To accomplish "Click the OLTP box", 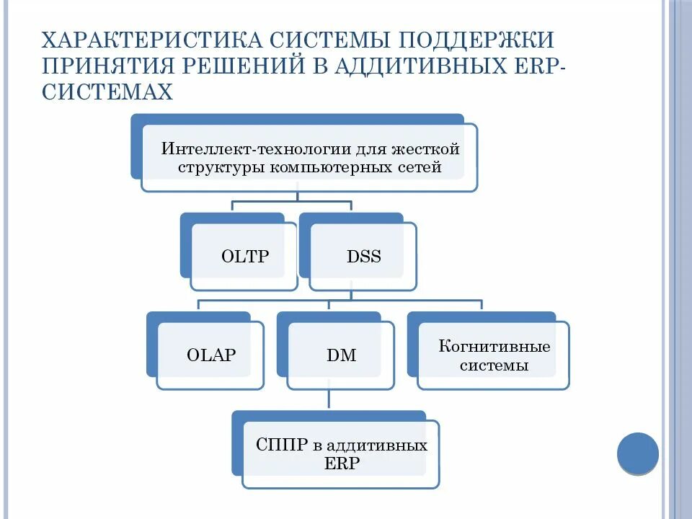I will [x=244, y=257].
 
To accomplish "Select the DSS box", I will [x=363, y=257].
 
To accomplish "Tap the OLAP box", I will [x=210, y=355].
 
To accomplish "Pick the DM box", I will [x=341, y=355].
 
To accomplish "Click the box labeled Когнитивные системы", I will [x=494, y=355].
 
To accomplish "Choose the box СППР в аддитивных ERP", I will [x=341, y=453].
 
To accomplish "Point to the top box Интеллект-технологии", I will [x=309, y=158].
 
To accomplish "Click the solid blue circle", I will [x=638, y=453].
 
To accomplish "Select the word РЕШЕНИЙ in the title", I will [x=235, y=66].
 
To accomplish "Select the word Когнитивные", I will [x=494, y=347].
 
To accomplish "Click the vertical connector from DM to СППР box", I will [x=329, y=401].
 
